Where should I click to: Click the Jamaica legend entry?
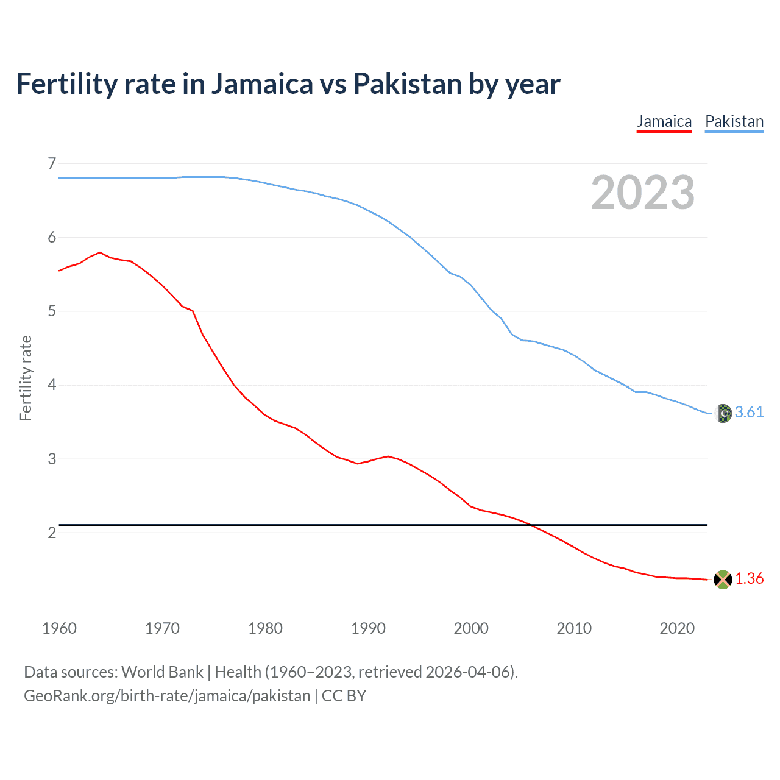pyautogui.click(x=664, y=121)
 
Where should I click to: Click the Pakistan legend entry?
pyautogui.click(x=734, y=121)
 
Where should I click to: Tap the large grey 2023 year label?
pyautogui.click(x=643, y=193)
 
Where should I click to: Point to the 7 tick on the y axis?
pyautogui.click(x=52, y=163)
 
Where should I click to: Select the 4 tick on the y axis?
pyautogui.click(x=52, y=385)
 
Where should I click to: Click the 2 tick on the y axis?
pyautogui.click(x=52, y=533)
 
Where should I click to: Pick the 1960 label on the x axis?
pyautogui.click(x=59, y=628)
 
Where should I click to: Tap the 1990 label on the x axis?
pyautogui.click(x=368, y=628)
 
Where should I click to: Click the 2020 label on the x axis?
pyautogui.click(x=677, y=628)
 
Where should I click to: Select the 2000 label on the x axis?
pyautogui.click(x=471, y=628)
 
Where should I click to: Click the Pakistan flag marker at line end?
pyautogui.click(x=723, y=413)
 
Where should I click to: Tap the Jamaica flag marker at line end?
pyautogui.click(x=723, y=580)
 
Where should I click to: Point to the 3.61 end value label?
pyautogui.click(x=749, y=413)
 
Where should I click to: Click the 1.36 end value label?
pyautogui.click(x=749, y=579)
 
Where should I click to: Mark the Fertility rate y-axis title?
pyautogui.click(x=26, y=378)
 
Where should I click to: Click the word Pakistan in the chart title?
pyautogui.click(x=407, y=84)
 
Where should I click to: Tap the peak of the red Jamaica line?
pyautogui.click(x=100, y=252)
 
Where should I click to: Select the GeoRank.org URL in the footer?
pyautogui.click(x=167, y=696)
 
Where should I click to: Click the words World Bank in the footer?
pyautogui.click(x=162, y=672)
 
